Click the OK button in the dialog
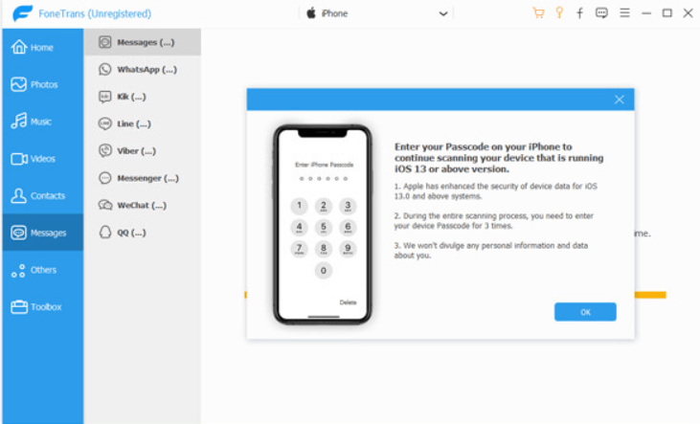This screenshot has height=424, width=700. click(585, 312)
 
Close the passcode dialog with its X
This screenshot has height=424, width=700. click(619, 100)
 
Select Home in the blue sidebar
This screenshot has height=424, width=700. click(33, 47)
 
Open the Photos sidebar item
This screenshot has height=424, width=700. click(34, 84)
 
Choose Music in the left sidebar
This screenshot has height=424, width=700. click(32, 122)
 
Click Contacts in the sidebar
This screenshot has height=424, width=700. click(38, 195)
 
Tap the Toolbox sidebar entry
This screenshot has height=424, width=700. click(36, 306)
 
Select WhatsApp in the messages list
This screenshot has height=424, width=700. click(138, 70)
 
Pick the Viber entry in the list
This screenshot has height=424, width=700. click(127, 151)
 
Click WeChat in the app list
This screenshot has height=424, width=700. click(132, 206)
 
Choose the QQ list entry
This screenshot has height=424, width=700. click(123, 233)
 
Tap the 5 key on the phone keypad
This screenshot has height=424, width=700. click(324, 227)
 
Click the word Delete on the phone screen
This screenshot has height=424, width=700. click(348, 302)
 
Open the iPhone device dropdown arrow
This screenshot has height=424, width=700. click(442, 13)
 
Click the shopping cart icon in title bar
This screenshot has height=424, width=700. click(538, 13)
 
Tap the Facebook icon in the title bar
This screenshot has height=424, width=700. click(579, 13)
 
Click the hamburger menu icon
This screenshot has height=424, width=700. click(624, 13)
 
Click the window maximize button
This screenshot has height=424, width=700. click(667, 13)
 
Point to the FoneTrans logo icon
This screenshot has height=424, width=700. click(22, 13)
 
